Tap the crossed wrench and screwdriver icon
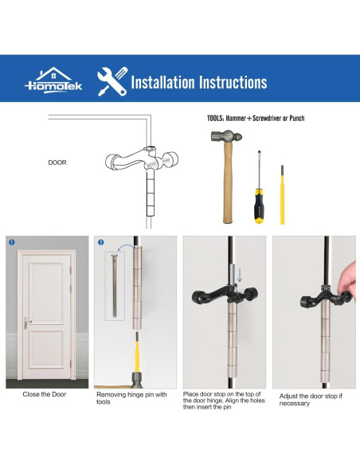[112, 81]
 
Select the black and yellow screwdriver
[259, 195]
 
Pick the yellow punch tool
[281, 195]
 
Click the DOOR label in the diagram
[57, 162]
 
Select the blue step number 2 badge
[100, 242]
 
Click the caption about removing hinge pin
[131, 398]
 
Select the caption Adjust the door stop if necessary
[311, 399]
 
